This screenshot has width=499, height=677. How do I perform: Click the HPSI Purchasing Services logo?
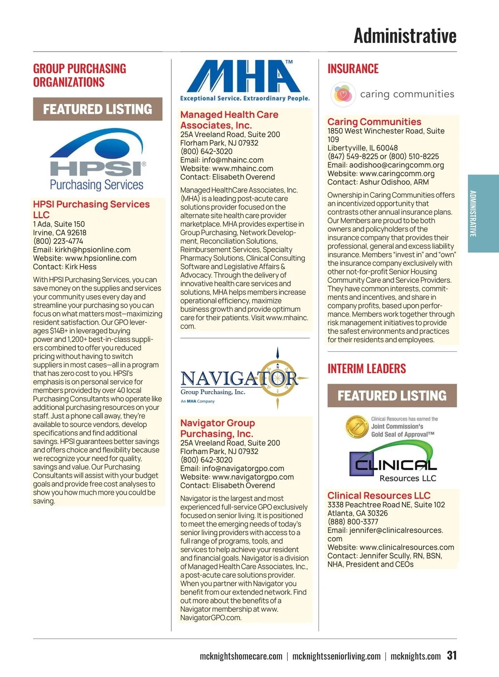pos(98,160)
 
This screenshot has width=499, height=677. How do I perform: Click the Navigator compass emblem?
pos(278,378)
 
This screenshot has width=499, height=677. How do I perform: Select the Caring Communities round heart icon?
pos(343,94)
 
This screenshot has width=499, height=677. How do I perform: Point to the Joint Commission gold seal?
pos(357,427)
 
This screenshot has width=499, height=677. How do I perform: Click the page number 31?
pos(452,655)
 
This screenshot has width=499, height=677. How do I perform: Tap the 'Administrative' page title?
pos(405,36)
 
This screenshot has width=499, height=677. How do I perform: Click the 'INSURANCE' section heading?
pos(353,69)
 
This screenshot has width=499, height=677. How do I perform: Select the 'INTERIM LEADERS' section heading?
pos(366,368)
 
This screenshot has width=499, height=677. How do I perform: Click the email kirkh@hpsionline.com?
pos(93,250)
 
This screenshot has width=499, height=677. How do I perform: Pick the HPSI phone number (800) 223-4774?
pos(58,241)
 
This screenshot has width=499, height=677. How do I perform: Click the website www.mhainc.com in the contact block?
pos(243,168)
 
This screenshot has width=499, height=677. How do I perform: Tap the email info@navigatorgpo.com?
pos(243,468)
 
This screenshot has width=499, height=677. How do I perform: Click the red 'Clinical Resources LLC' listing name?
pos(379,495)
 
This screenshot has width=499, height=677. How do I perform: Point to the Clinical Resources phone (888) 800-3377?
pos(353,521)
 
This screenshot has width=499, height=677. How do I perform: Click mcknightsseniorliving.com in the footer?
pos(336,656)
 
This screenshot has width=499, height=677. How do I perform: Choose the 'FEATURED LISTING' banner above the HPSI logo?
pos(98,109)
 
